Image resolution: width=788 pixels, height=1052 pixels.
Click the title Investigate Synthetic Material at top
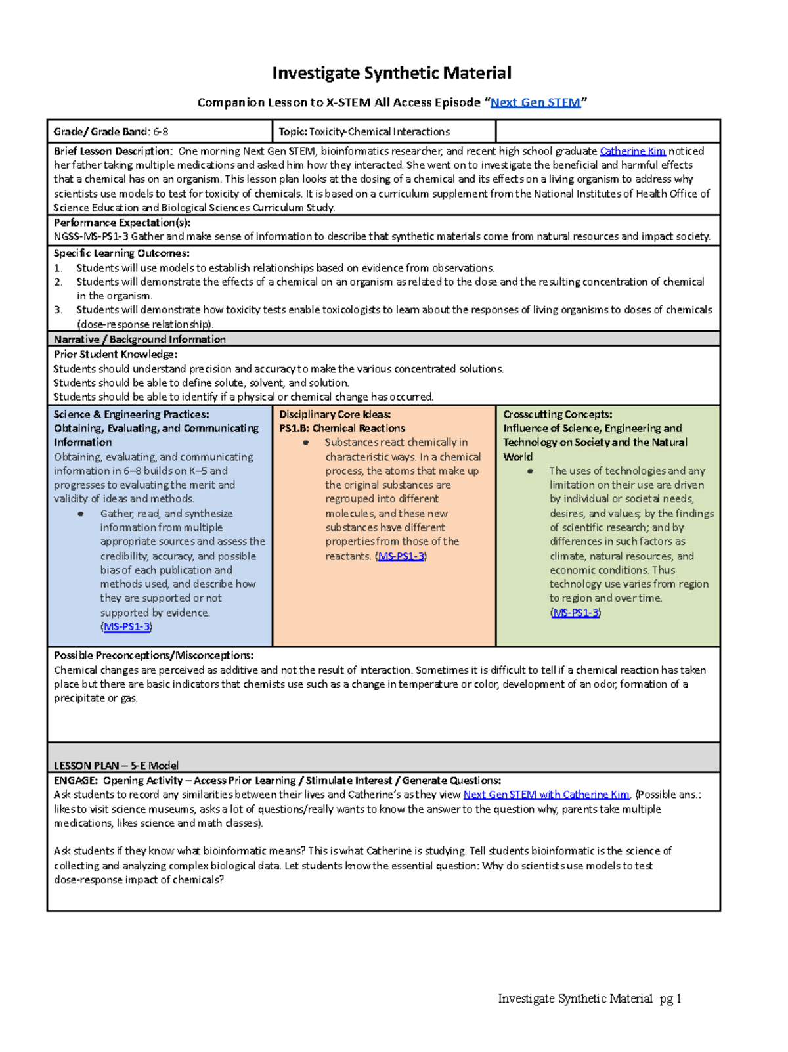pyautogui.click(x=391, y=73)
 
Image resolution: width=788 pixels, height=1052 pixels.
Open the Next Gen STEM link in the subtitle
pyautogui.click(x=535, y=102)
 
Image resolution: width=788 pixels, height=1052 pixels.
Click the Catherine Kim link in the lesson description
pyautogui.click(x=632, y=151)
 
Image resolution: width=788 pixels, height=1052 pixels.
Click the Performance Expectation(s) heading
pyautogui.click(x=122, y=223)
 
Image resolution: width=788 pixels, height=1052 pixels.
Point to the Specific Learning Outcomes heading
pyautogui.click(x=121, y=253)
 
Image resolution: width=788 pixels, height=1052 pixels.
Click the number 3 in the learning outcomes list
pyautogui.click(x=58, y=310)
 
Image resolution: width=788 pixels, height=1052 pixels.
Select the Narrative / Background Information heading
pyautogui.click(x=140, y=340)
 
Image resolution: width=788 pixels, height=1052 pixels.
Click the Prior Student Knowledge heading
pyautogui.click(x=116, y=354)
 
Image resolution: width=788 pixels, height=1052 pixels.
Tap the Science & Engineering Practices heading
pyautogui.click(x=131, y=414)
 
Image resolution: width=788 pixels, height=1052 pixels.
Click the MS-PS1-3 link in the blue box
pyautogui.click(x=127, y=626)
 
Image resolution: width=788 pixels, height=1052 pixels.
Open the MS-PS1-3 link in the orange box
pyautogui.click(x=401, y=556)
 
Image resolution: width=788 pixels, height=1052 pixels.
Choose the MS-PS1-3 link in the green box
pyautogui.click(x=576, y=613)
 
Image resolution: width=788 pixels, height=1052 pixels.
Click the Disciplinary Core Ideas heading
pyautogui.click(x=335, y=414)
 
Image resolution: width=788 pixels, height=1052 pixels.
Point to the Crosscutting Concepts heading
pyautogui.click(x=558, y=414)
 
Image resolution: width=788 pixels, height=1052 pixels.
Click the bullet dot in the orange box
pyautogui.click(x=305, y=443)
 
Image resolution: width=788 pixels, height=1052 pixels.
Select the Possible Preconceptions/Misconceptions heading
pyautogui.click(x=154, y=655)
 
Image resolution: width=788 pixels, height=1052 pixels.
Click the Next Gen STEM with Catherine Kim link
pyautogui.click(x=546, y=795)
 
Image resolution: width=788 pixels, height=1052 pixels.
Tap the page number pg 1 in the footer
pyautogui.click(x=670, y=999)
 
